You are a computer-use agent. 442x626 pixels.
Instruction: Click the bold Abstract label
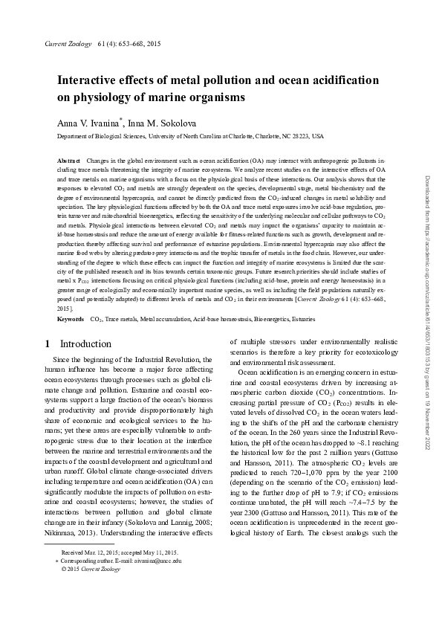[69, 161]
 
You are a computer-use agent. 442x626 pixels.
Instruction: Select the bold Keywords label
[71, 318]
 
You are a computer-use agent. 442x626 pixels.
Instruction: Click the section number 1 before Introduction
[47, 344]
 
